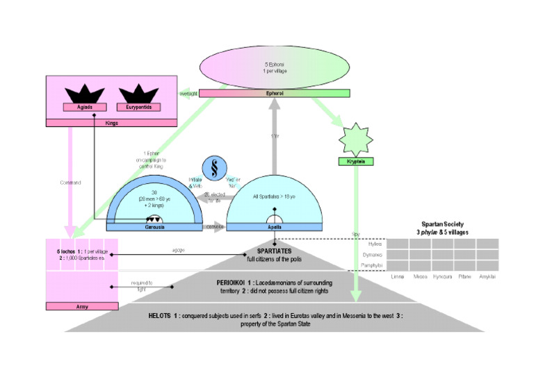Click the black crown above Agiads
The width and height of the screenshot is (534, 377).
pyautogui.click(x=85, y=94)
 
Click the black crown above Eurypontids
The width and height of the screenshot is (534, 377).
pyautogui.click(x=136, y=94)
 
